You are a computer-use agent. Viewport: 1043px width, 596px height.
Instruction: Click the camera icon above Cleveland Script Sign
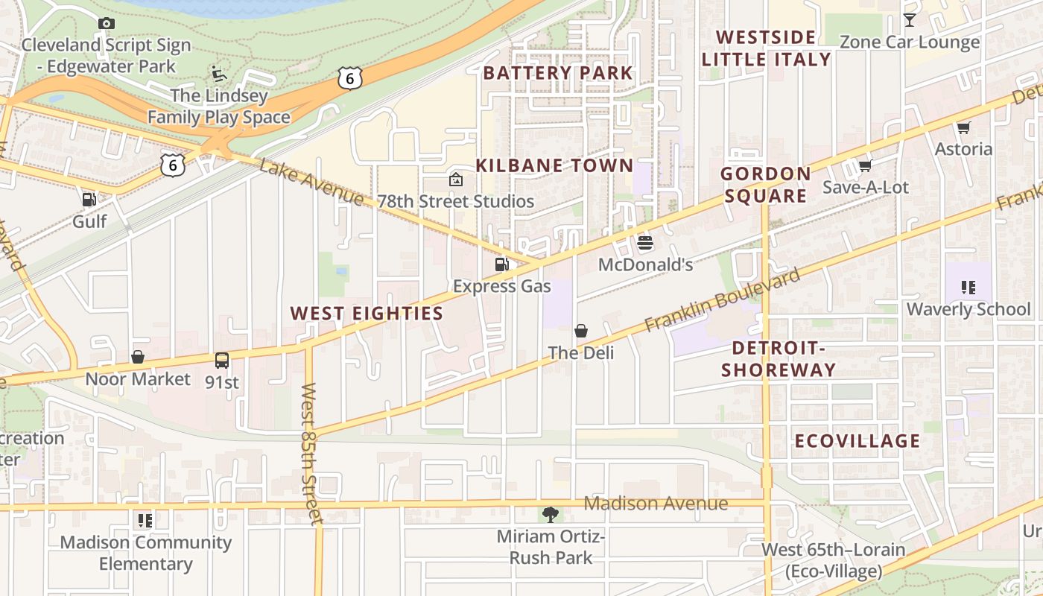(x=107, y=23)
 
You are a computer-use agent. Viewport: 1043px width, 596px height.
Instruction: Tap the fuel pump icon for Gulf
(x=89, y=199)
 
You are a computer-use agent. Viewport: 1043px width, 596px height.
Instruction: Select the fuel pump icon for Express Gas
(x=502, y=264)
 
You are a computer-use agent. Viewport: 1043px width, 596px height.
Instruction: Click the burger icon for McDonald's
(x=645, y=242)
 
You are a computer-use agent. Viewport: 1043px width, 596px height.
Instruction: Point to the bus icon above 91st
(x=222, y=361)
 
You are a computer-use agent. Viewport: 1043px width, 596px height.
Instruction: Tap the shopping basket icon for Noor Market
(x=138, y=357)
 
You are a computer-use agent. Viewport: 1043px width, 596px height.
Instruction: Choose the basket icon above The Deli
(x=581, y=330)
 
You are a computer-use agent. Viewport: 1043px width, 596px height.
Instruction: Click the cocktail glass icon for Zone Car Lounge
(x=910, y=19)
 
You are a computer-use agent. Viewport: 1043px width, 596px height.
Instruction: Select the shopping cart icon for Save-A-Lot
(x=865, y=165)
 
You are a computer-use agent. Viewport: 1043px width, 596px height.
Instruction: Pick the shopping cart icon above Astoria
(x=964, y=127)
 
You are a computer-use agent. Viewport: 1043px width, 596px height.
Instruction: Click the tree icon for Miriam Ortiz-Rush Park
(x=551, y=513)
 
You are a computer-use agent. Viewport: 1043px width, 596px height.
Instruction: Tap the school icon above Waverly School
(x=968, y=287)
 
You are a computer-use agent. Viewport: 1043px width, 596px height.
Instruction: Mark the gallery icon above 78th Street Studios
(x=456, y=179)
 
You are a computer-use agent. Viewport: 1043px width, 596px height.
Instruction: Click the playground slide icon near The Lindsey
(x=218, y=73)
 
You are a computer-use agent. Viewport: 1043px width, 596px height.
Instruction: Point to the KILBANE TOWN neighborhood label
(x=554, y=165)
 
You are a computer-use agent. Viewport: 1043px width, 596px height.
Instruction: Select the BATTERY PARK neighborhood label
(x=558, y=72)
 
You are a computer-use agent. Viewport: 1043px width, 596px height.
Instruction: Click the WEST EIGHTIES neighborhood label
(x=367, y=313)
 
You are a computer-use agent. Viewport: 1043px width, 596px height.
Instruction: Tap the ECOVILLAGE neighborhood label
(x=857, y=440)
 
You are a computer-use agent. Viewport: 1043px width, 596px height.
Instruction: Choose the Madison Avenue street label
(x=656, y=504)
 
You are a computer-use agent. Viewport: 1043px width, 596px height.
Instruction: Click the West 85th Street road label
(x=311, y=454)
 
